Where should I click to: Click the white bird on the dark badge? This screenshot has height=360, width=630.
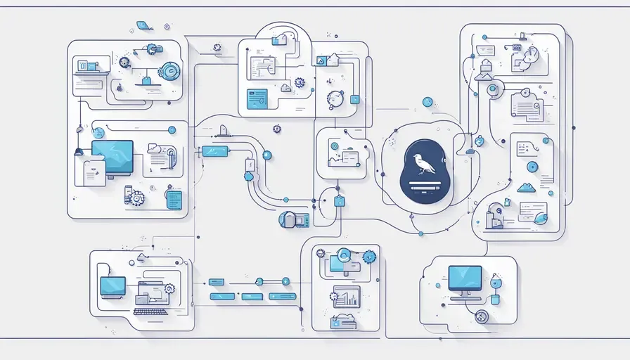424,163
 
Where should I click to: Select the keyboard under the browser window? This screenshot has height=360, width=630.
150,311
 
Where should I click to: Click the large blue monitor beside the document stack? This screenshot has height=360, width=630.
112,155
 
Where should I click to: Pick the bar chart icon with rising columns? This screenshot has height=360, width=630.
346,297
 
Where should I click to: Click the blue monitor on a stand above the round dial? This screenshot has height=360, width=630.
465,279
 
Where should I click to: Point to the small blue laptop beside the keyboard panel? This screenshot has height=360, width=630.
112,286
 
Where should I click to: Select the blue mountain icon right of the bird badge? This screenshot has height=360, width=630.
526,187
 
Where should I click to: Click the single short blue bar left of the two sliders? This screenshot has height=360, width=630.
217,282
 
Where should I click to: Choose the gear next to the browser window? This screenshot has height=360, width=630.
169,288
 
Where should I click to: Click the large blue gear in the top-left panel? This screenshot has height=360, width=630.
169,71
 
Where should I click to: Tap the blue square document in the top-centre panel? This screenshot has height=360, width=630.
257,98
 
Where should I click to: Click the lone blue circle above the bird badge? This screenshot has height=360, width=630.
427,102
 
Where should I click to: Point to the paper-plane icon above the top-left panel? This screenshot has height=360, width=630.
144,25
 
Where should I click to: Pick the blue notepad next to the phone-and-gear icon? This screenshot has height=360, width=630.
173,199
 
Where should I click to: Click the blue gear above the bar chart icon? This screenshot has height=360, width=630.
368,257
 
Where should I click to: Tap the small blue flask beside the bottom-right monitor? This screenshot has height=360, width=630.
495,297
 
